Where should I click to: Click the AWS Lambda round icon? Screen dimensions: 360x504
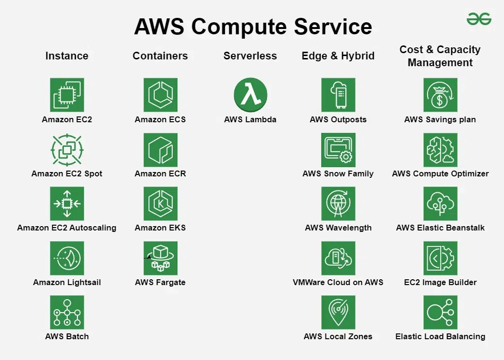pos(250,95)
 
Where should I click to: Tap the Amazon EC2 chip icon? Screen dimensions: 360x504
pos(67,95)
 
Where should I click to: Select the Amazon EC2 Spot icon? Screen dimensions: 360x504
pos(67,150)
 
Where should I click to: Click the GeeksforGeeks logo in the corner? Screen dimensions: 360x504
pos(479,19)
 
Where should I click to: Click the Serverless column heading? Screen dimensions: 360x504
pos(250,56)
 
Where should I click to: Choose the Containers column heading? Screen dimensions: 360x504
pos(160,56)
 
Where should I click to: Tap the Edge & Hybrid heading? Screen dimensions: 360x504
pos(338,56)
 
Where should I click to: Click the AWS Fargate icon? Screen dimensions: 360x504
pos(160,258)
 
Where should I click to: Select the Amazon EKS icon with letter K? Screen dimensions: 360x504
pos(160,204)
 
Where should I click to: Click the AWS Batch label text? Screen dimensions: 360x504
pos(67,336)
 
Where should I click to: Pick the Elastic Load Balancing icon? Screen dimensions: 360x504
pos(440,312)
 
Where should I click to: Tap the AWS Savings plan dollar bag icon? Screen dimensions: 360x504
pos(440,95)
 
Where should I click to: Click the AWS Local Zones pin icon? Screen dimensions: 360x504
pos(338,312)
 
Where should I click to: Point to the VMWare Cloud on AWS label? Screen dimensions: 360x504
pos(338,282)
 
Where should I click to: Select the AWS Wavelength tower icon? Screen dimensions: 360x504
pos(338,204)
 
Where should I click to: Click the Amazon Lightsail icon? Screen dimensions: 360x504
pos(67,258)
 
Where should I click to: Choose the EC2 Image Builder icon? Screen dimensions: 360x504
pos(440,258)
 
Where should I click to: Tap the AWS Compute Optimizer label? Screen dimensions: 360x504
pos(440,173)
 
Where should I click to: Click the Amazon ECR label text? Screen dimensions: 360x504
pos(160,173)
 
